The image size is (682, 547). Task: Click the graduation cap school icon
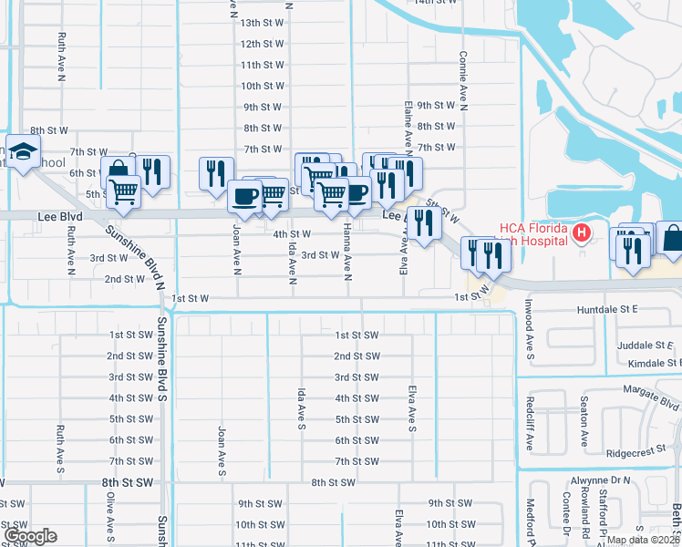pyautogui.click(x=25, y=152)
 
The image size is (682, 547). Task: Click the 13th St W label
pyautogui.click(x=263, y=23)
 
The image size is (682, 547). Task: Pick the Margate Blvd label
pyautogui.click(x=652, y=393)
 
